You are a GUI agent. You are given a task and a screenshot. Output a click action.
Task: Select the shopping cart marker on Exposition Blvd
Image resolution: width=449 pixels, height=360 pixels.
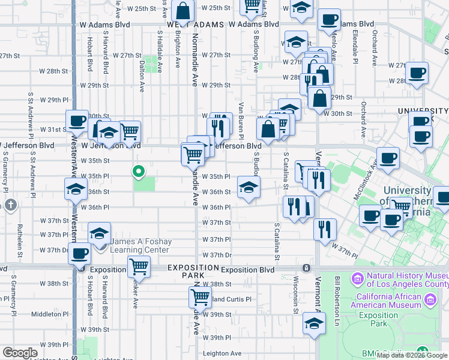point(139,265)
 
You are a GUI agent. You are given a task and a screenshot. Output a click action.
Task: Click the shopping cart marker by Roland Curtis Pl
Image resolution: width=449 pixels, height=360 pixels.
point(200,296)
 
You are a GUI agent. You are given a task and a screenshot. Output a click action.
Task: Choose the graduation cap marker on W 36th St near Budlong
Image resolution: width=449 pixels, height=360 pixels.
point(248,187)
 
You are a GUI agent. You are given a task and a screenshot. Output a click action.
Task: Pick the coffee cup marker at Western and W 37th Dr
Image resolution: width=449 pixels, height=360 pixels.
point(79,253)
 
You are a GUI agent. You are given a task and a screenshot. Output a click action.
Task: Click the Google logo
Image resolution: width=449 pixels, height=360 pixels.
point(20,353)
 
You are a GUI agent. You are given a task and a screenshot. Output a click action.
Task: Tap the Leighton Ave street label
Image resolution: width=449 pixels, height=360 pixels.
point(221,353)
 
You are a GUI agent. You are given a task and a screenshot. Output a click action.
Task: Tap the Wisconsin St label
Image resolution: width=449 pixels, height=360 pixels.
point(296,295)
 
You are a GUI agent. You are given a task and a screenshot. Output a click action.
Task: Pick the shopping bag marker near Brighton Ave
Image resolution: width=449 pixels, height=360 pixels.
point(182,11)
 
